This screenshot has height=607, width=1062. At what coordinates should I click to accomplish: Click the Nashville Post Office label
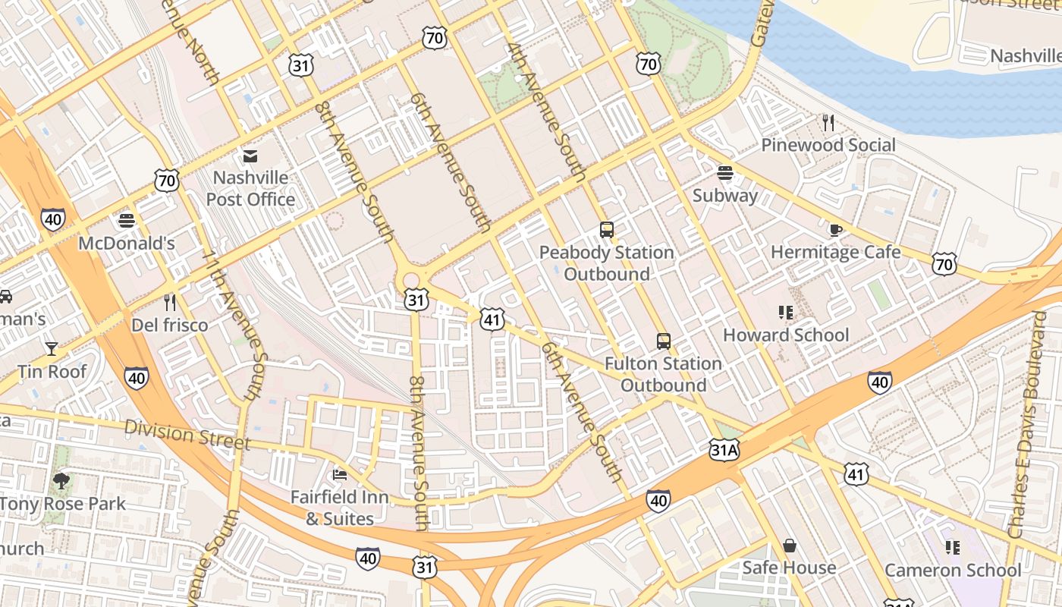pos(250,188)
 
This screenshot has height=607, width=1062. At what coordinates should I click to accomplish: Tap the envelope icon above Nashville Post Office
pos(250,156)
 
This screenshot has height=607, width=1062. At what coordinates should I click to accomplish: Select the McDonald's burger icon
pos(127,221)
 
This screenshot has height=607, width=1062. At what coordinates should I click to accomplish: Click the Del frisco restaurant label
pos(170,326)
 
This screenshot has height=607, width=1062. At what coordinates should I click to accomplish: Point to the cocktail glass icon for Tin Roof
pos(52,348)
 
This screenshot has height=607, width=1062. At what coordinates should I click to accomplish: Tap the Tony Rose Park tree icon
pos(61,480)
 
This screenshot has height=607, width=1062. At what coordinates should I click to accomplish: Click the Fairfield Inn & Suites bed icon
pos(340,475)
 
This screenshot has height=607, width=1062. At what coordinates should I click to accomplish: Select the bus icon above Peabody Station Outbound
pos(606,230)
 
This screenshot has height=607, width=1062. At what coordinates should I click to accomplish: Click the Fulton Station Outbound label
pos(663,374)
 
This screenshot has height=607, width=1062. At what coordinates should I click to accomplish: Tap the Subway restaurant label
pos(725,196)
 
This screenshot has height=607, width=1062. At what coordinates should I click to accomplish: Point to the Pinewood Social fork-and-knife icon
pos(828,122)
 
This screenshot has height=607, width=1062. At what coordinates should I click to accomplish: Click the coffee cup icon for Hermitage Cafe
pos(836,230)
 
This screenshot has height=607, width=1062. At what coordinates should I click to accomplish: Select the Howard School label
pos(786,335)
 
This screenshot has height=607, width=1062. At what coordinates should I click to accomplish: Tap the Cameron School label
pos(953,570)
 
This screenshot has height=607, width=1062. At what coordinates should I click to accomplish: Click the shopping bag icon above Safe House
pos(790,546)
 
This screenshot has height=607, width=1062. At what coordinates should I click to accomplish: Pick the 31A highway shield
pos(724,451)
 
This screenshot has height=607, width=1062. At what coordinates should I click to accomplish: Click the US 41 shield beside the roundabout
pos(492,319)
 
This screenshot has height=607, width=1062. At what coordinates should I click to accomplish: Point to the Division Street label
pos(187,434)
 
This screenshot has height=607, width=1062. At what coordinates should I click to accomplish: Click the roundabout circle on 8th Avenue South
pos(411,281)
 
